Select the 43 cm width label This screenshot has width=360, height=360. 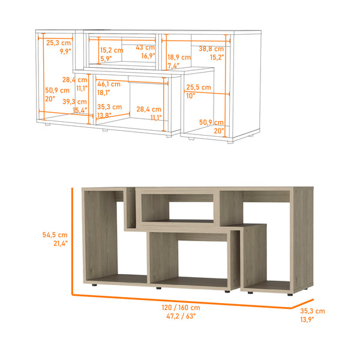(x=145, y=47)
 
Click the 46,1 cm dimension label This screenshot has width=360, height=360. (x=109, y=85)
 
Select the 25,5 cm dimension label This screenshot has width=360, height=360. (x=199, y=87)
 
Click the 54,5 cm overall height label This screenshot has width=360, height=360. (x=55, y=235)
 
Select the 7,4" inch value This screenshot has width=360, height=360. (x=173, y=65)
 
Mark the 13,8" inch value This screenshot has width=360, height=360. (x=104, y=115)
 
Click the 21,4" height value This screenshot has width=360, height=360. (x=59, y=244)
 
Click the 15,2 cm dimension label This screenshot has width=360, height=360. (x=111, y=50)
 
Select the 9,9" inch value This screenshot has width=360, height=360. (x=65, y=52)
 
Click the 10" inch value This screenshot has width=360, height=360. (x=191, y=96)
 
